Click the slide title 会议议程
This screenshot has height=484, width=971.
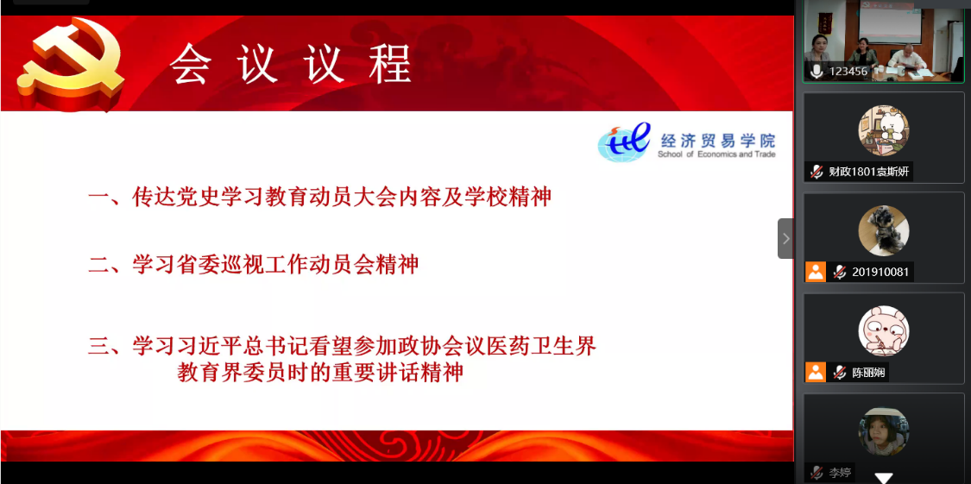[291, 64]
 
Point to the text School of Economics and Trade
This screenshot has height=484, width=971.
[716, 154]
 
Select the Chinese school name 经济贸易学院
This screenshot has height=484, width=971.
[717, 140]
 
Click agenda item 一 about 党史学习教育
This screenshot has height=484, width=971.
[319, 198]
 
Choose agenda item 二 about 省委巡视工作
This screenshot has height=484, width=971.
[254, 265]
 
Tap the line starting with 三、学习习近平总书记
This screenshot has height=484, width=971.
[343, 346]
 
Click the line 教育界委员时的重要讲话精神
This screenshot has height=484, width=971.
[321, 373]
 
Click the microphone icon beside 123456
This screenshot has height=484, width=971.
[817, 72]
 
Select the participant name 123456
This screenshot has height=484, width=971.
[848, 72]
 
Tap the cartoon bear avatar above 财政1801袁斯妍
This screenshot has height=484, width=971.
[884, 130]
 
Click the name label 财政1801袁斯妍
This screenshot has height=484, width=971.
[869, 172]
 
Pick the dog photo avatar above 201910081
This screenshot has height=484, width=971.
[884, 231]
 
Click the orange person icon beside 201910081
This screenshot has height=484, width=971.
[816, 272]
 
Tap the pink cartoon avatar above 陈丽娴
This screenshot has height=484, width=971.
[884, 331]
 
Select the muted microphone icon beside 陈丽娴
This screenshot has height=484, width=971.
[840, 373]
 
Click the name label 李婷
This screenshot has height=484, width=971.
[841, 474]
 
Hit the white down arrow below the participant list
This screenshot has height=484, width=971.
[884, 478]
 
